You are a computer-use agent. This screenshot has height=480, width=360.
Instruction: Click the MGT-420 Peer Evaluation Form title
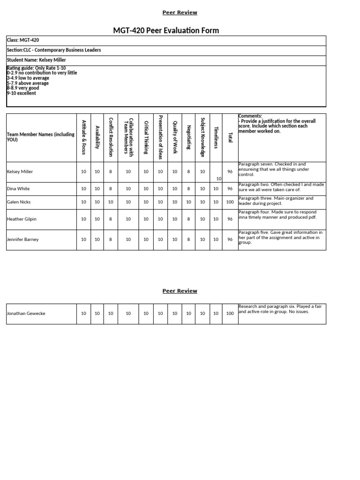click(x=166, y=30)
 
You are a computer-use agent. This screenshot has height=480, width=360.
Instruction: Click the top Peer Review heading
click(x=180, y=12)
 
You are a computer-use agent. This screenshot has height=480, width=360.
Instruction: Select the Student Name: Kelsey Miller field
click(x=36, y=60)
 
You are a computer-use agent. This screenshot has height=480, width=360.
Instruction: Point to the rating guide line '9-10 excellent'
click(x=22, y=93)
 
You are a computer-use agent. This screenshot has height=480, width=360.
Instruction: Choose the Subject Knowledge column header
click(x=202, y=137)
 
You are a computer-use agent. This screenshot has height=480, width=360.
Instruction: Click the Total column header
click(x=230, y=137)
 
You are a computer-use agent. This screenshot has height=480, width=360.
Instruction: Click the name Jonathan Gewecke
click(x=26, y=314)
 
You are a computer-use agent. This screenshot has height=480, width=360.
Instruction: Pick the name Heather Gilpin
click(x=22, y=219)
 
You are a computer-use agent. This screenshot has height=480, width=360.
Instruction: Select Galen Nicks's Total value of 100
click(x=230, y=202)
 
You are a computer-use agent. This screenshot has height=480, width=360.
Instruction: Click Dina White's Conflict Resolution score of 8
click(x=111, y=189)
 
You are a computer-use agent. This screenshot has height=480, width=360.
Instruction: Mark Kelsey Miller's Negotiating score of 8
click(x=188, y=172)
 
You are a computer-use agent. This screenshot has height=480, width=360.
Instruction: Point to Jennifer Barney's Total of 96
click(x=230, y=240)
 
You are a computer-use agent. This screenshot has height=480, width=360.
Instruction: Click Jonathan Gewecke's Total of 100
click(x=230, y=314)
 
